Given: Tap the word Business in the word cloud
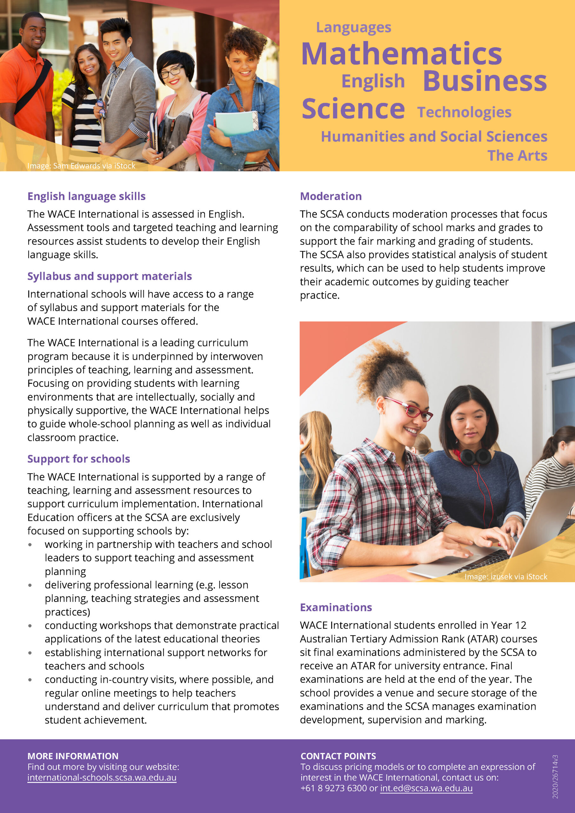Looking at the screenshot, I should tap(485, 81).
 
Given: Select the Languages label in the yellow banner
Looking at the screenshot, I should tap(353, 28).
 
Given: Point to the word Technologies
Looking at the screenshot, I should tap(464, 112).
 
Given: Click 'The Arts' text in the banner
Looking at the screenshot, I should tap(517, 155).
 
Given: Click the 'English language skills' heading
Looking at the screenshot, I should tap(86, 196).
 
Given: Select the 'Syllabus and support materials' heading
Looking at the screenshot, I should tap(110, 276).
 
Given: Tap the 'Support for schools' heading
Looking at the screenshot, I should tap(79, 459).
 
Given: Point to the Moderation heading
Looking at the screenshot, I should tap(331, 196).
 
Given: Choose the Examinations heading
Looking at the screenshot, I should tap(336, 607).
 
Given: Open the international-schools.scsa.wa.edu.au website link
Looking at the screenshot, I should tap(102, 778).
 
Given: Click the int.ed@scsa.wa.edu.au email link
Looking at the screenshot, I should tap(426, 788).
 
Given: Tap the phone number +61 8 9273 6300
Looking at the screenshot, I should tap(333, 788).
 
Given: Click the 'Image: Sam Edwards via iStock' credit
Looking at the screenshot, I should tap(81, 166).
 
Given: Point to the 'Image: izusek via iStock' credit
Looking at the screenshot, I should tap(505, 576).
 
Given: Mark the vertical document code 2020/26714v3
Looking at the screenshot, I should tap(555, 776).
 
